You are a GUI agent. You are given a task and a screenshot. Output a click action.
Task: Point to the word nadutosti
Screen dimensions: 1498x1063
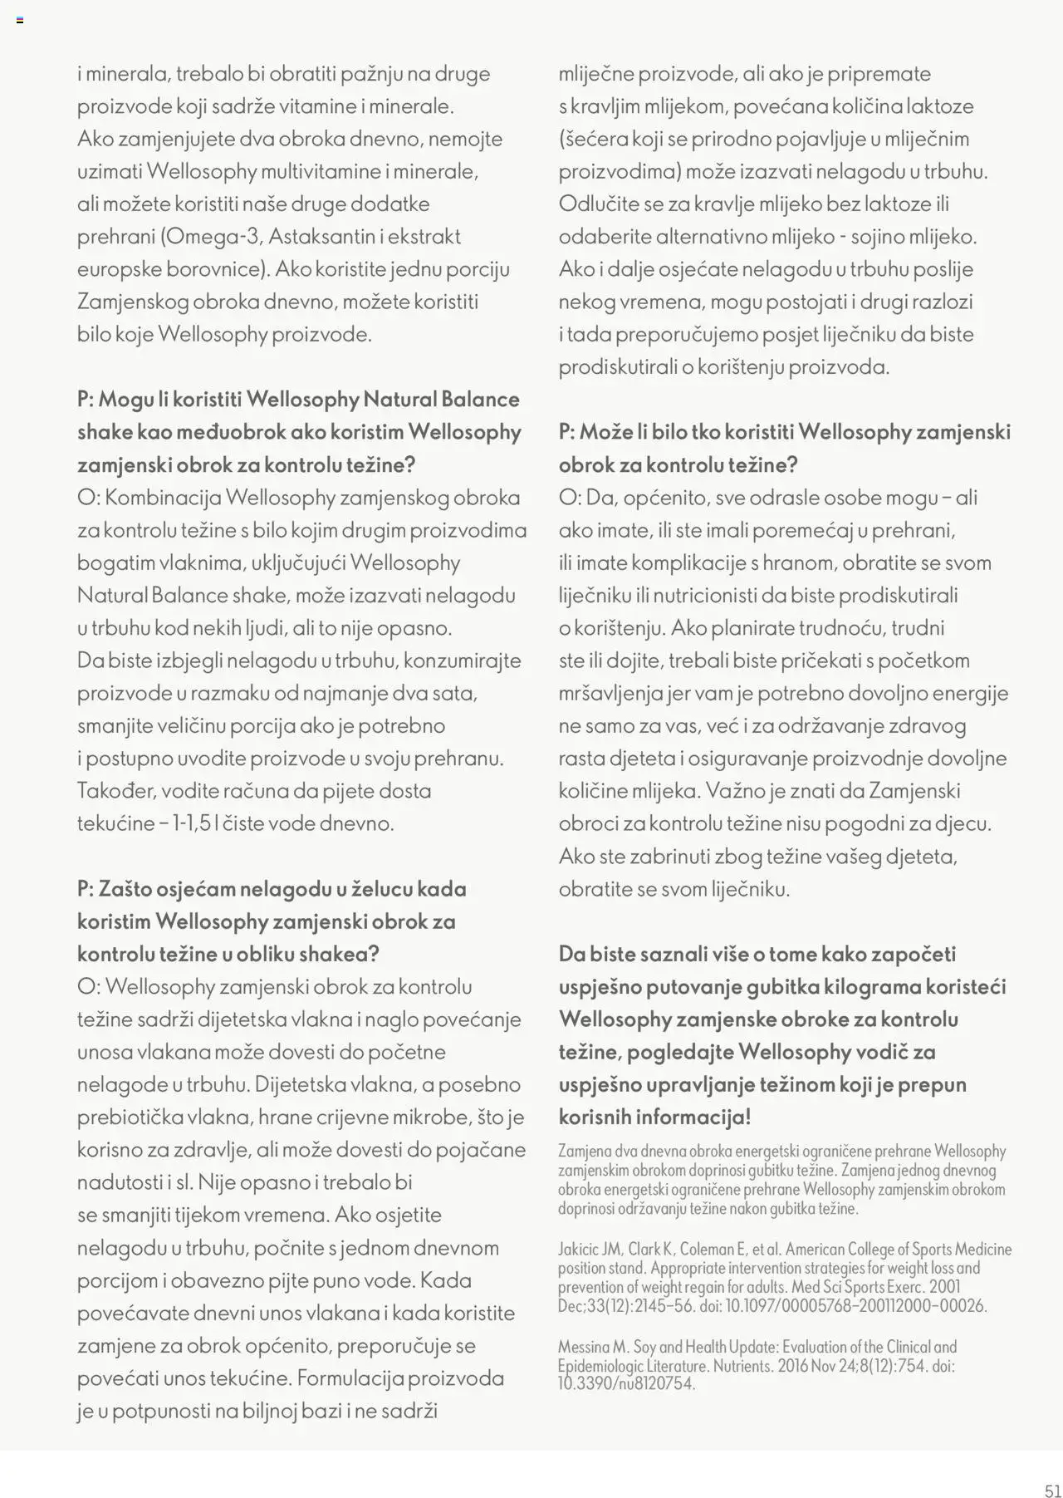coord(115,1182)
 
